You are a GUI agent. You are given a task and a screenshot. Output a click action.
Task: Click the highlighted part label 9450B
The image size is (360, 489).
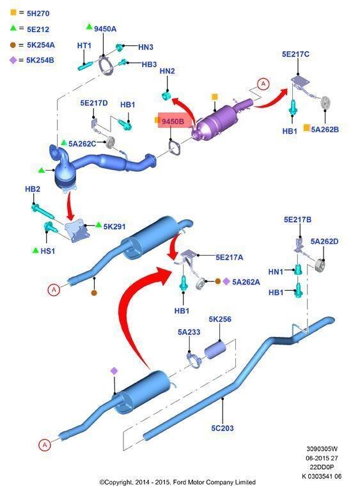click(173, 121)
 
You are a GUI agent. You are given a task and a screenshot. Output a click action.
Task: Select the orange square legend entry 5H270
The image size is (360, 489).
click(30, 13)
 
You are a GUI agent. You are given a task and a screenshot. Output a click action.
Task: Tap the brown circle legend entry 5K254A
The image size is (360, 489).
click(32, 45)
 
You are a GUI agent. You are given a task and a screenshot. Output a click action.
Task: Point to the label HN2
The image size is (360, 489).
click(167, 71)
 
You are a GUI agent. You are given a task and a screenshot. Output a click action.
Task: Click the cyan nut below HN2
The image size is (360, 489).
click(166, 95)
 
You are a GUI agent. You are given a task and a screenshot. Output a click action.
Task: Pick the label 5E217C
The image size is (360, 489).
click(295, 54)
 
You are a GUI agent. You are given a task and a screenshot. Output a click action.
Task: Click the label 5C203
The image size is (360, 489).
click(223, 428)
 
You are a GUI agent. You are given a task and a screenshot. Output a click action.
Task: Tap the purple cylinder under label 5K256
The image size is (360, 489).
click(215, 350)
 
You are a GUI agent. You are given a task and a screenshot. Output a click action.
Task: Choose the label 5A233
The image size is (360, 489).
click(189, 332)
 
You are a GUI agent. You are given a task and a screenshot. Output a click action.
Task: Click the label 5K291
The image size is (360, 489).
click(114, 226)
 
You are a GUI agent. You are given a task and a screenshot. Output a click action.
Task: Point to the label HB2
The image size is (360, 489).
click(33, 189)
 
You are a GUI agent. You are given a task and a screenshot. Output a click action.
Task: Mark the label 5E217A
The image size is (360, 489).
click(230, 258)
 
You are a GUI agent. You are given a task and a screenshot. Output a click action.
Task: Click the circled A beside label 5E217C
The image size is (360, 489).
click(263, 84)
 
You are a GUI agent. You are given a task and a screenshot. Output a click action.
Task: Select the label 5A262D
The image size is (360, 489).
click(324, 242)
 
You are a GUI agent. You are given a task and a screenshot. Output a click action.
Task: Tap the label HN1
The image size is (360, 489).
click(276, 272)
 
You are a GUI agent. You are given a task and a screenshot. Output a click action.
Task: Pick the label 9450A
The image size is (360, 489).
click(105, 29)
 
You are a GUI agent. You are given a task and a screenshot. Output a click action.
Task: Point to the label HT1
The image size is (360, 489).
click(84, 46)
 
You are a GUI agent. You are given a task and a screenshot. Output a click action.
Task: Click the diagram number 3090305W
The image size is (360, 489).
click(322, 449)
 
